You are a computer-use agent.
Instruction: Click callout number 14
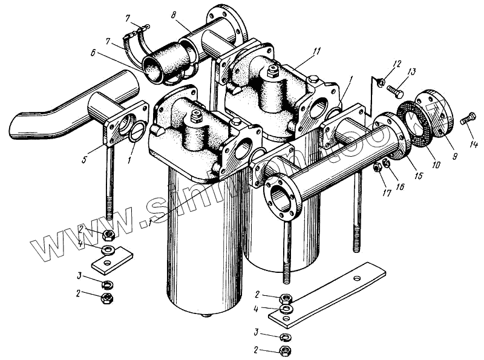474,144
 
